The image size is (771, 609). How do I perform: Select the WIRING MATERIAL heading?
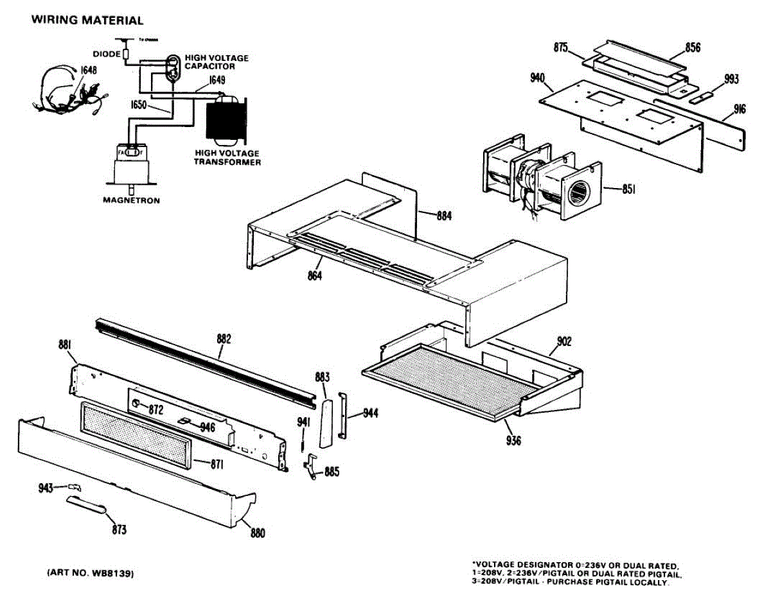(x=87, y=21)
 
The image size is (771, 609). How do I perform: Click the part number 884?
(x=443, y=216)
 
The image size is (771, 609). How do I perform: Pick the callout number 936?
(x=513, y=441)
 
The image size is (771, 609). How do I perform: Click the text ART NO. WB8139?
(x=90, y=573)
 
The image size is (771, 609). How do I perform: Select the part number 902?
(x=563, y=341)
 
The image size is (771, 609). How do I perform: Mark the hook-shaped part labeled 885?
(x=311, y=465)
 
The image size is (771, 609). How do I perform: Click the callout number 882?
(x=223, y=338)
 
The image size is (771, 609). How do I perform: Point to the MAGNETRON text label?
(x=132, y=200)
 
